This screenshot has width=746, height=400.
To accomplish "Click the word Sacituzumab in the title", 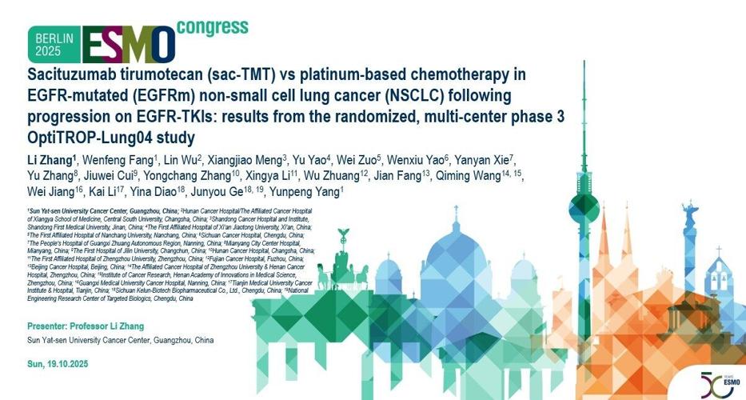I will tap(66, 76).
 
